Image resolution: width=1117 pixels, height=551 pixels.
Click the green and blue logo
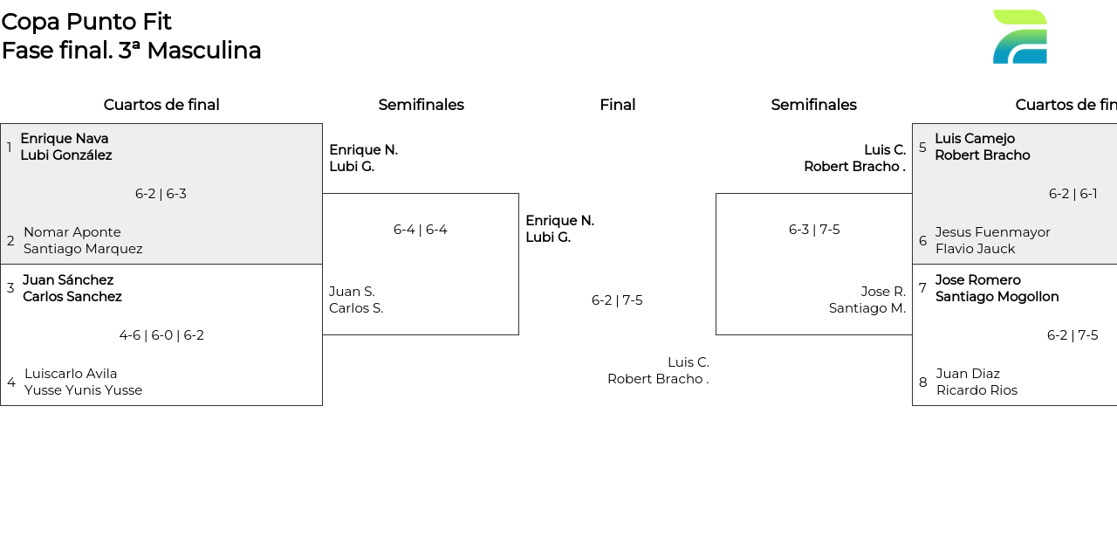(x=1019, y=37)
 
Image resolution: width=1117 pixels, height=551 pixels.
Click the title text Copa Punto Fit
(x=86, y=22)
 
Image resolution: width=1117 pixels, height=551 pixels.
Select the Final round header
(x=617, y=105)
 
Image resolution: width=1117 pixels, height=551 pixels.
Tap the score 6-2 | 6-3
(x=161, y=194)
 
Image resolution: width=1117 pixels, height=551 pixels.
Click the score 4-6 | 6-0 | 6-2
(x=161, y=335)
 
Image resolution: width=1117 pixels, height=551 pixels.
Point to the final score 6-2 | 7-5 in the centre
(x=617, y=300)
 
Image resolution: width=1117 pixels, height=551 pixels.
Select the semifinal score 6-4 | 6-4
(x=420, y=230)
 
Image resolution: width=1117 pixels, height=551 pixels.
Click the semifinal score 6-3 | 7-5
(x=814, y=230)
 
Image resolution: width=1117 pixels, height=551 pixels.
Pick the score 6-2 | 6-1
(x=1072, y=194)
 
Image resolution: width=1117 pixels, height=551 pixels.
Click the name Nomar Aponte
(x=72, y=232)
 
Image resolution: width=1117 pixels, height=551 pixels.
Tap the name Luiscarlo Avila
(x=71, y=374)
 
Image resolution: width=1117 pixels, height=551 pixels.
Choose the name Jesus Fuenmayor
(x=992, y=232)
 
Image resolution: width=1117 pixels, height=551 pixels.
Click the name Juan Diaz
(x=968, y=374)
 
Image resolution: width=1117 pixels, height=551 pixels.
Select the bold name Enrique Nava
(x=65, y=139)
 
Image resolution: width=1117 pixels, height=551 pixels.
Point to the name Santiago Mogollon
(x=997, y=297)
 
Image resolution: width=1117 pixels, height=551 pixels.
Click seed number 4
(x=10, y=382)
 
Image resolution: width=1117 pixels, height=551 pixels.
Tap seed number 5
(x=922, y=148)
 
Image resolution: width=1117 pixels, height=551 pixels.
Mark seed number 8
(x=922, y=382)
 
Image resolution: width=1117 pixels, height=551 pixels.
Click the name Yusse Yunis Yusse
(x=83, y=390)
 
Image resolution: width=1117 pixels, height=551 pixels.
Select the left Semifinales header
(x=421, y=105)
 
